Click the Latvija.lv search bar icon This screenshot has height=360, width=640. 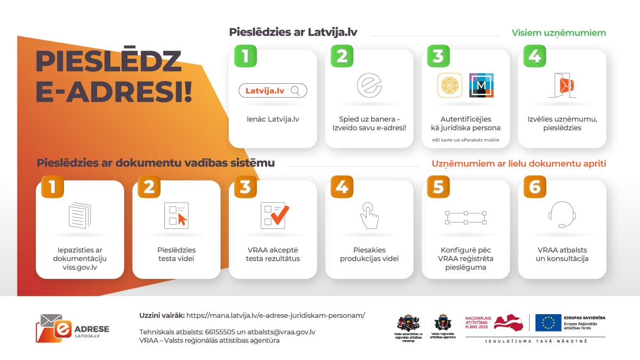pyautogui.click(x=273, y=91)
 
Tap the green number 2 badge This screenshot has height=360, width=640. pyautogui.click(x=342, y=56)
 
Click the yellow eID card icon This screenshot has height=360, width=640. pyautogui.click(x=449, y=85)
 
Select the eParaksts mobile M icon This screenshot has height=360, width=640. pyautogui.click(x=481, y=85)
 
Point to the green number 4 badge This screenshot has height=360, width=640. pyautogui.click(x=535, y=56)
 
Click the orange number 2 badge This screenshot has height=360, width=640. pyautogui.click(x=149, y=187)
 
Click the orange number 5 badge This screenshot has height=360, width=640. pyautogui.click(x=438, y=187)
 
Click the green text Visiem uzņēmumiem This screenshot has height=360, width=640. pyautogui.click(x=559, y=33)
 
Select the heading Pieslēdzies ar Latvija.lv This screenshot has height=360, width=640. pyautogui.click(x=293, y=32)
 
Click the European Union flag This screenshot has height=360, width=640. pyautogui.click(x=548, y=322)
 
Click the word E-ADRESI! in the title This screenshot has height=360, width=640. pyautogui.click(x=114, y=92)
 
